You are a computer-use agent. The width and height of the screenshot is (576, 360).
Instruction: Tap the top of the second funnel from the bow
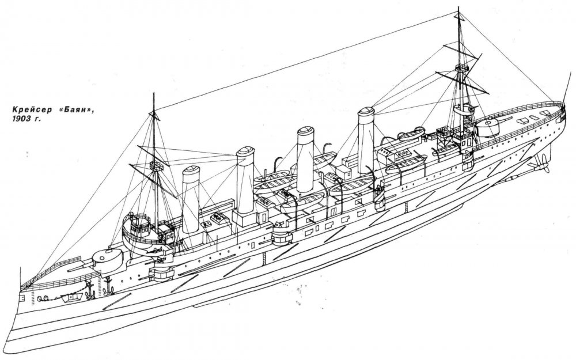coord(245,151)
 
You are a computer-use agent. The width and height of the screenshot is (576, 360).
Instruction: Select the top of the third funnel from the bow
coord(306,131)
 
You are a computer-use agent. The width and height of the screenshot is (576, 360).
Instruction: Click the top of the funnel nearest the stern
coord(366,112)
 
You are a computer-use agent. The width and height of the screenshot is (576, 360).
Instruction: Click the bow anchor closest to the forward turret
coord(108,286)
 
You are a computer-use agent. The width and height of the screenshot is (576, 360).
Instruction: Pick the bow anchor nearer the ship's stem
coord(90,289)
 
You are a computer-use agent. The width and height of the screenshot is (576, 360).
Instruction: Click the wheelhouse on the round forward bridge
coord(140,226)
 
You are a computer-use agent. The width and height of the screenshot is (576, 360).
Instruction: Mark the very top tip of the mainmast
coord(458,6)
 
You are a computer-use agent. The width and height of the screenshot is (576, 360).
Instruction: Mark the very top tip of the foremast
coord(154,93)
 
